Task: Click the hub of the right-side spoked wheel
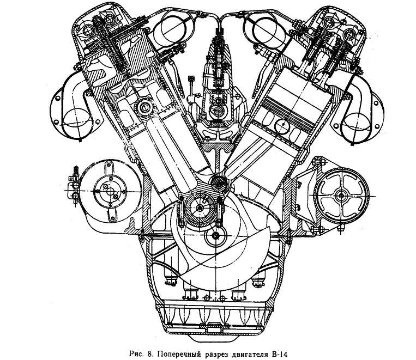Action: click(342, 195)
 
